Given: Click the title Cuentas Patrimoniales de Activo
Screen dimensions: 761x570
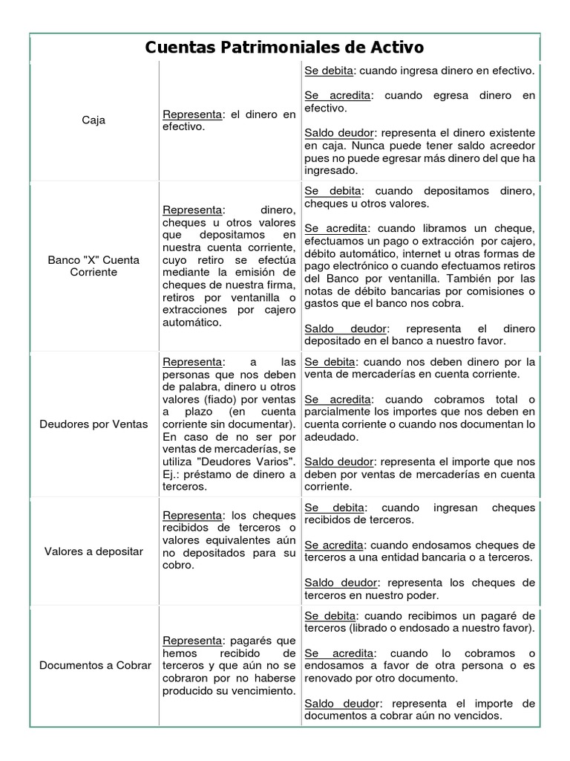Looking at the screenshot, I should point(284,48).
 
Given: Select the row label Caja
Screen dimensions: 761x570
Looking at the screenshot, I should point(94,120).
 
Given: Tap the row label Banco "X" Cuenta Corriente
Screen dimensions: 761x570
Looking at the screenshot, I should point(94,266).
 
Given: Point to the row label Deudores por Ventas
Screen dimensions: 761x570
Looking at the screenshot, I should point(94,424).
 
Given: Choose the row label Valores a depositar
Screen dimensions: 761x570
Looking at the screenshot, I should point(94,551).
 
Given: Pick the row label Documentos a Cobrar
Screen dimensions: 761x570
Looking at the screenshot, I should point(95,665).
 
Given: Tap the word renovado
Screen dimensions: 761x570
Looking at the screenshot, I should point(330,679).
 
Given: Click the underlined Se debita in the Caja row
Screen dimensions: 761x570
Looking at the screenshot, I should point(330,71).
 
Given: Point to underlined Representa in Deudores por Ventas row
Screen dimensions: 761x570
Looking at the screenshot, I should point(192,361).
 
